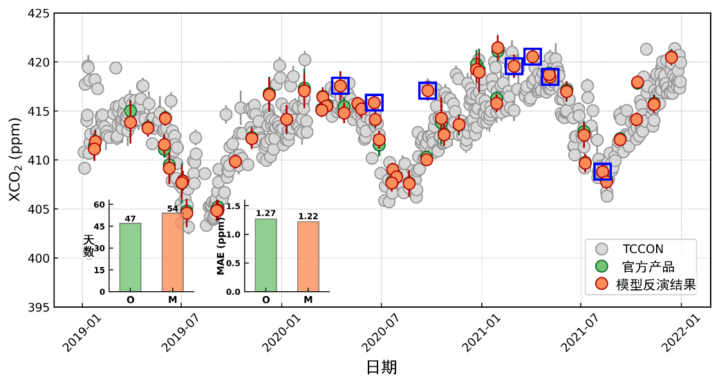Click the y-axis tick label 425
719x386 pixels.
click(x=39, y=13)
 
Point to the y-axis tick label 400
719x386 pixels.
click(x=39, y=258)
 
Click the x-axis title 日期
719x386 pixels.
click(x=381, y=367)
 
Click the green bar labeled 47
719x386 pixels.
click(x=130, y=257)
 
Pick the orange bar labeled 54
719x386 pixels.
click(x=172, y=252)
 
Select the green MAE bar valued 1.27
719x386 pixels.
click(x=265, y=255)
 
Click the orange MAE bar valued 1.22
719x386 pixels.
click(x=308, y=257)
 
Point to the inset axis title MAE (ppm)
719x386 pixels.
click(x=221, y=248)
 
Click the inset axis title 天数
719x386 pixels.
click(x=88, y=246)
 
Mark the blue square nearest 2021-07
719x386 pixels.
click(x=603, y=172)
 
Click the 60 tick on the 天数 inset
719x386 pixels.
click(x=100, y=204)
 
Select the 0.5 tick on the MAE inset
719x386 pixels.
click(x=235, y=263)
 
